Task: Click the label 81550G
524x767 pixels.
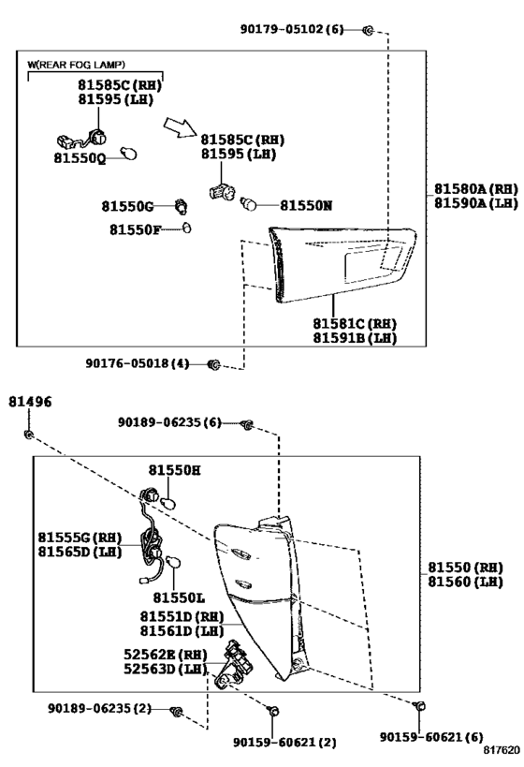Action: pyautogui.click(x=126, y=205)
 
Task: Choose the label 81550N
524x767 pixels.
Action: pyautogui.click(x=306, y=204)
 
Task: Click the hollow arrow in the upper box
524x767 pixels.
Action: pyautogui.click(x=179, y=127)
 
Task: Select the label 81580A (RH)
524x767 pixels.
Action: pyautogui.click(x=474, y=187)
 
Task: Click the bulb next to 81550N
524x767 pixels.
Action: pyautogui.click(x=251, y=203)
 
